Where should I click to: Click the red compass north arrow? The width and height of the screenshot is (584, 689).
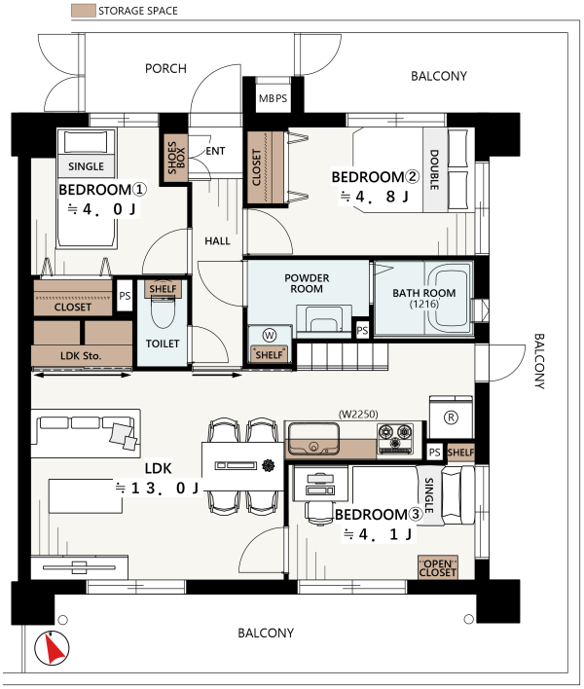coord(55,648)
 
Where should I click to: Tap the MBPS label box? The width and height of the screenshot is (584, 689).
coord(273,98)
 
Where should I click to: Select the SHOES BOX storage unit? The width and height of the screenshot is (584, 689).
coord(176,158)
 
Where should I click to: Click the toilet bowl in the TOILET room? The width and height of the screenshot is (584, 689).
coord(163,311)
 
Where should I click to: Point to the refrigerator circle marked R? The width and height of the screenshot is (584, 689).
coord(451,417)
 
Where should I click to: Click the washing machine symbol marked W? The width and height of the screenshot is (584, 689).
coord(269,336)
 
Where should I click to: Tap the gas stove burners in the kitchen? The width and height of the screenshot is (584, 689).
coord(395,439)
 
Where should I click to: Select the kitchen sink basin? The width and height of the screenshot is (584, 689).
coord(312,439)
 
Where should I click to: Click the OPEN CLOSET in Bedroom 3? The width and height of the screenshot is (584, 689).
coord(438,567)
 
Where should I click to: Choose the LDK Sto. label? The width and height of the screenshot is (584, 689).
coord(81,355)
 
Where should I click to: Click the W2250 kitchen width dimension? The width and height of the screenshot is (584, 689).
coord(358,414)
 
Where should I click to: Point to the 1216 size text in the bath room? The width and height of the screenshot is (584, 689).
coord(424,304)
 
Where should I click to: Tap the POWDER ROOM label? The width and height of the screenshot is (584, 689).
coord(307,283)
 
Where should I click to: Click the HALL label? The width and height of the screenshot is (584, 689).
coord(217,240)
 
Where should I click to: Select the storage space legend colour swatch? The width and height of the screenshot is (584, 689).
coord(84,11)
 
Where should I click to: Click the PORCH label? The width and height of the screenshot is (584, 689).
coord(165,68)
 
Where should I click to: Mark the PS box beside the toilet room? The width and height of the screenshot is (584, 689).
coord(125,295)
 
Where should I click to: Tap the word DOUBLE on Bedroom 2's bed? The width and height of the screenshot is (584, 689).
coord(434,169)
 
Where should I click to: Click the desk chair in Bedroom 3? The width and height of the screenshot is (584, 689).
coord(319,512)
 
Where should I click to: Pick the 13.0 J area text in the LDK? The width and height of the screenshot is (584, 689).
coord(157,488)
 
